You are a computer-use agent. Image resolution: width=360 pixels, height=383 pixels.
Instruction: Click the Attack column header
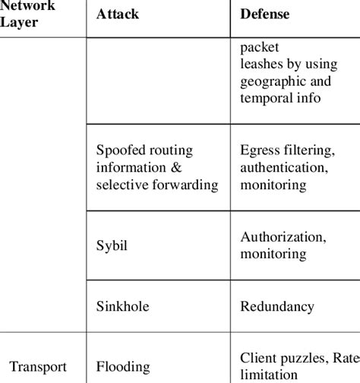click(118, 14)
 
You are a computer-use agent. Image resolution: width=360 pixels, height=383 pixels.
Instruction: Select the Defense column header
click(265, 14)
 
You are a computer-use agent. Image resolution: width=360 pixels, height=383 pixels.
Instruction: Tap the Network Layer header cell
click(29, 14)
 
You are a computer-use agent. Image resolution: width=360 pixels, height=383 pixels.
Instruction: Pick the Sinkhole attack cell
click(122, 306)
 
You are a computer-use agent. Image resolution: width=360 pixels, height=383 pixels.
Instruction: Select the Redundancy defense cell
click(277, 306)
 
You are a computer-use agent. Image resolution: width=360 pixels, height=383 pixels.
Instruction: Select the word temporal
click(266, 99)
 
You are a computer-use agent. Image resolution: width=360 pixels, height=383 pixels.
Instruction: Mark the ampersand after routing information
click(176, 167)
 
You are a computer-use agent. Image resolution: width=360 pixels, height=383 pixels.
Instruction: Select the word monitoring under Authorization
click(273, 255)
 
